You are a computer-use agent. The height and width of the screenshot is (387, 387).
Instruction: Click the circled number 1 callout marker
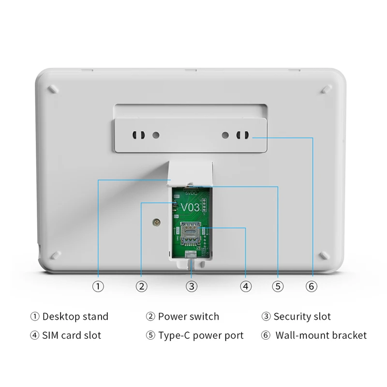(98, 286)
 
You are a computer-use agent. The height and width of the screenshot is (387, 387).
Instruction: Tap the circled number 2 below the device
(141, 286)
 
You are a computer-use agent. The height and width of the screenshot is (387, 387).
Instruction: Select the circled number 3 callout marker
(192, 286)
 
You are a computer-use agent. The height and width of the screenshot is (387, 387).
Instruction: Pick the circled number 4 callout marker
(246, 286)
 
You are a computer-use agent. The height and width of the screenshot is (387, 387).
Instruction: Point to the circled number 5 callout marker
(277, 286)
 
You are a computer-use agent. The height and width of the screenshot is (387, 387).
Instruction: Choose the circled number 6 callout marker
(312, 286)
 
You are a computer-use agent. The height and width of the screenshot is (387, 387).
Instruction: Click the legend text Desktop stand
(75, 317)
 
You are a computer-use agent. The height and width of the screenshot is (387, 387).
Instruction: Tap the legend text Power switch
(188, 317)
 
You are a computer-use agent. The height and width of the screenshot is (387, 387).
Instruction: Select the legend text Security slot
(302, 317)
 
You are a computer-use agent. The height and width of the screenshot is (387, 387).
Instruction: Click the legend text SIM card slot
(72, 335)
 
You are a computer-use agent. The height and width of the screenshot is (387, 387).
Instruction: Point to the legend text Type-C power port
(201, 335)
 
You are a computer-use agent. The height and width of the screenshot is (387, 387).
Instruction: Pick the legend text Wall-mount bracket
(321, 335)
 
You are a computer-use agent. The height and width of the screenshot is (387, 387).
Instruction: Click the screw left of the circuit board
(156, 222)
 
